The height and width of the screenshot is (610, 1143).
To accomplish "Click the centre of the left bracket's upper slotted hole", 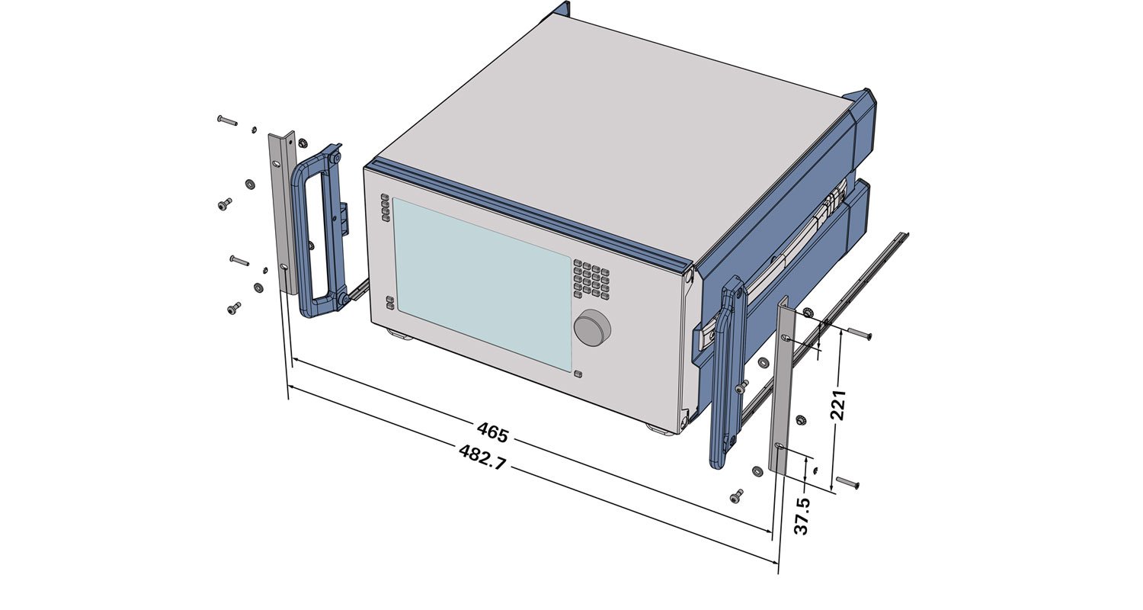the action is [x=276, y=164].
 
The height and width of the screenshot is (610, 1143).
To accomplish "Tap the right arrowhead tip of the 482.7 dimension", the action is [x=778, y=563].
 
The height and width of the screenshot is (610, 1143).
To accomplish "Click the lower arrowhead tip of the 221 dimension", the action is [x=832, y=490].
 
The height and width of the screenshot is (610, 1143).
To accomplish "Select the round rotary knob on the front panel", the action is [x=592, y=328].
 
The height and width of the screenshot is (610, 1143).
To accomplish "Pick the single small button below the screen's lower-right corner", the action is [x=578, y=374].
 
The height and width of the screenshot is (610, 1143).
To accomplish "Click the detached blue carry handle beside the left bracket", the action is [x=319, y=231].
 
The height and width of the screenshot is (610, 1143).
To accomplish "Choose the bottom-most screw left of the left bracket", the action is [x=234, y=308].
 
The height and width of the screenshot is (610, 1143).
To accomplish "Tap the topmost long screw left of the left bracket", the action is [x=227, y=120].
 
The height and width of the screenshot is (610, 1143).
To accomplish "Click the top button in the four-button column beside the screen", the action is [x=385, y=197].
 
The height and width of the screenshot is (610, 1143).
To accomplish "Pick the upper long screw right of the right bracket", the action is [x=860, y=332].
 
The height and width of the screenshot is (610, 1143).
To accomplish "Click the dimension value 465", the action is [x=493, y=432].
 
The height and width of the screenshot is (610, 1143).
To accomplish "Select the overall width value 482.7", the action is [x=482, y=457].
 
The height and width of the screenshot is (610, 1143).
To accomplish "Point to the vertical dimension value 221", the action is [x=838, y=406].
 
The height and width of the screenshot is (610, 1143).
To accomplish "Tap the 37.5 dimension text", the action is [x=802, y=516].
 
